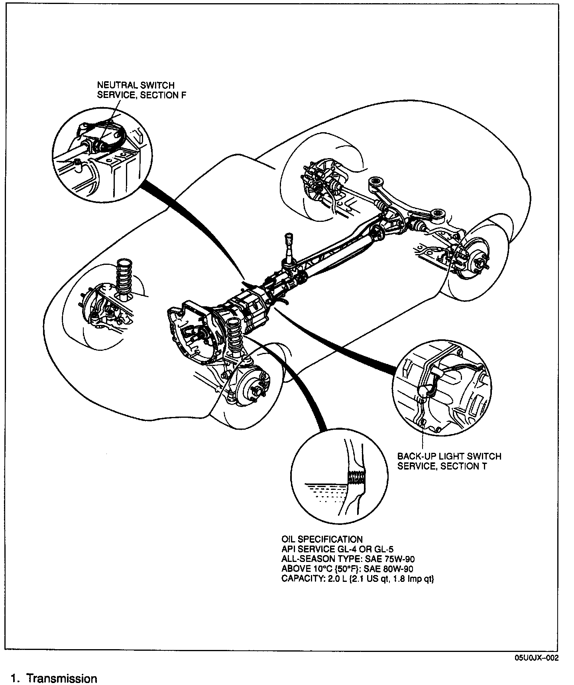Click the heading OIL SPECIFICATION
point(322,539)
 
